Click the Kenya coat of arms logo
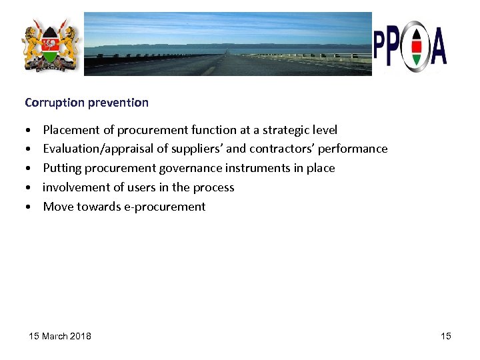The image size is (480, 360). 51,45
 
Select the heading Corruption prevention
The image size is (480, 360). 87,103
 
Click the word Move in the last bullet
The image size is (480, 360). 58,207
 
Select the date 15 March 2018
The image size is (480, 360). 60,336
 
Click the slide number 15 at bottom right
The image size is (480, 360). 446,336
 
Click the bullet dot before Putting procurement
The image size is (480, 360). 29,169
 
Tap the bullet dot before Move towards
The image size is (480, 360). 29,207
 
